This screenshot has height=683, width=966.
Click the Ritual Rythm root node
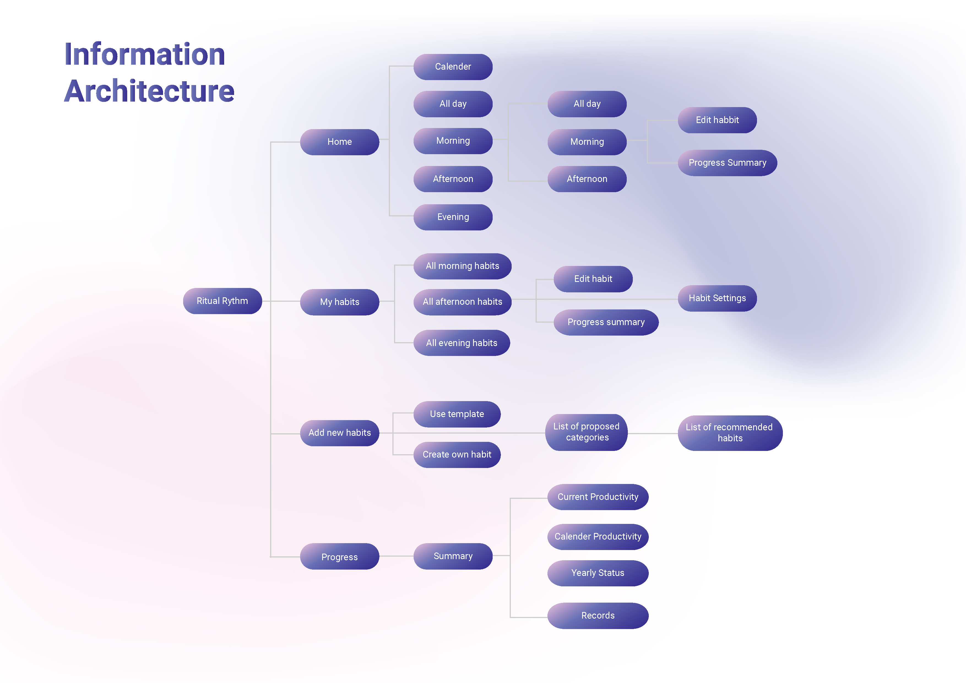coord(222,301)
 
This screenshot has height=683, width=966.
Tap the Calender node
coord(453,66)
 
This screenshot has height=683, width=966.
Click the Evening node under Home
coord(453,217)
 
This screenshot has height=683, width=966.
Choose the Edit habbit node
coord(717,120)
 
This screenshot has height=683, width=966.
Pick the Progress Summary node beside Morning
coord(727,163)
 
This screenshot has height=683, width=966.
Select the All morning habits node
coord(462,266)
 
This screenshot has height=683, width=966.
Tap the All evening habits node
coord(462,343)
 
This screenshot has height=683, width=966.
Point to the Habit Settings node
coord(717,298)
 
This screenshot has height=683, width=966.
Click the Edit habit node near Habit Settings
coord(593,279)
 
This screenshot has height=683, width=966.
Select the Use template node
coord(457,414)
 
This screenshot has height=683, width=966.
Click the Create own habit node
coord(457,455)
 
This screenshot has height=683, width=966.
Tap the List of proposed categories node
coord(586,432)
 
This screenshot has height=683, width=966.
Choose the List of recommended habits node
coord(729,433)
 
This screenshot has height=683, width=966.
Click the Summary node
coord(453,556)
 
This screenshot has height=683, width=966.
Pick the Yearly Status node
coord(598,573)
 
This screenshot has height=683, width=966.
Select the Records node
coord(598,616)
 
